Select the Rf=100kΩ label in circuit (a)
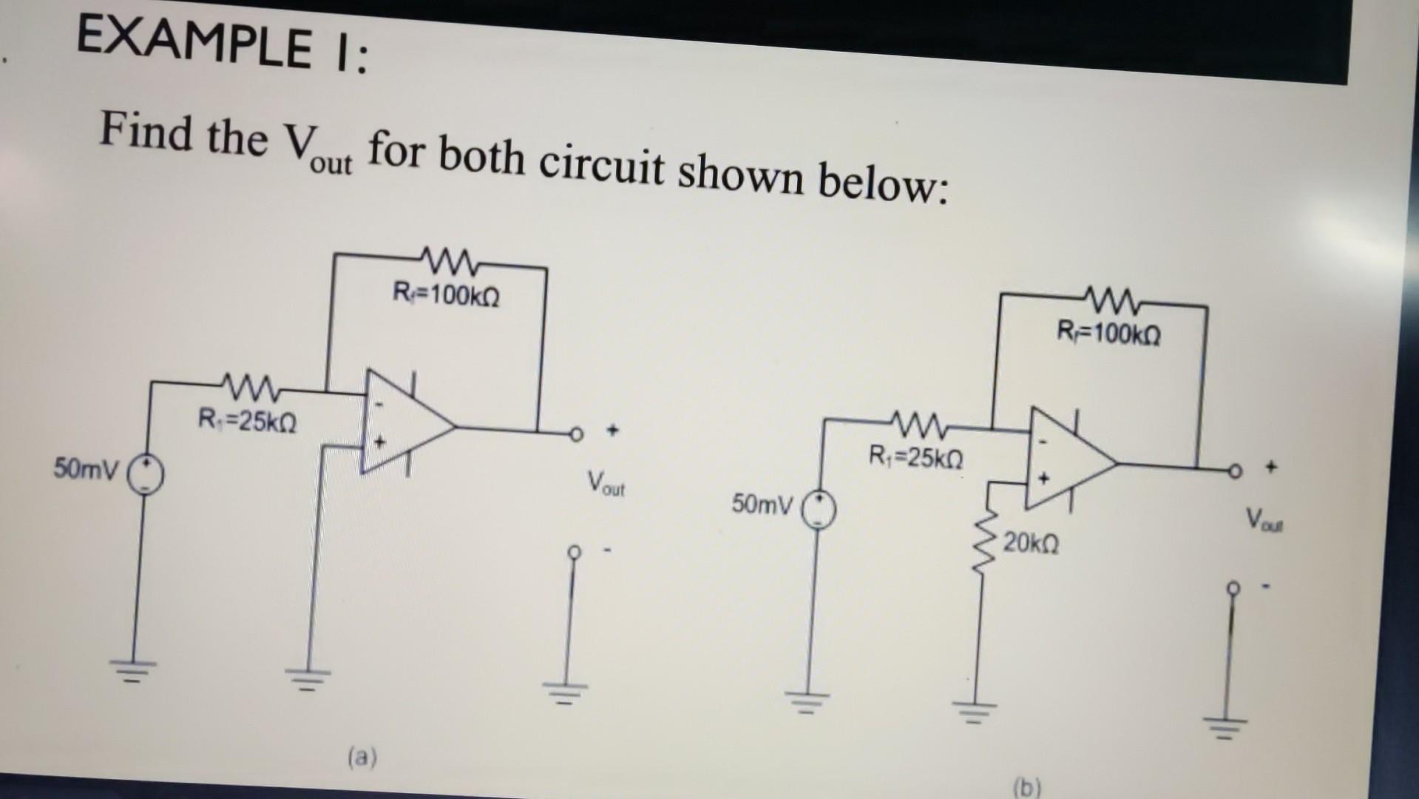pyautogui.click(x=446, y=296)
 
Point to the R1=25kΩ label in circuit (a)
pyautogui.click(x=248, y=422)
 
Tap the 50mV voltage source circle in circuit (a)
pyautogui.click(x=146, y=473)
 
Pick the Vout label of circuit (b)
pyautogui.click(x=1265, y=518)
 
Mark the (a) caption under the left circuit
pyautogui.click(x=362, y=757)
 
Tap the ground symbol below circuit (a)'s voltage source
pyautogui.click(x=135, y=669)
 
